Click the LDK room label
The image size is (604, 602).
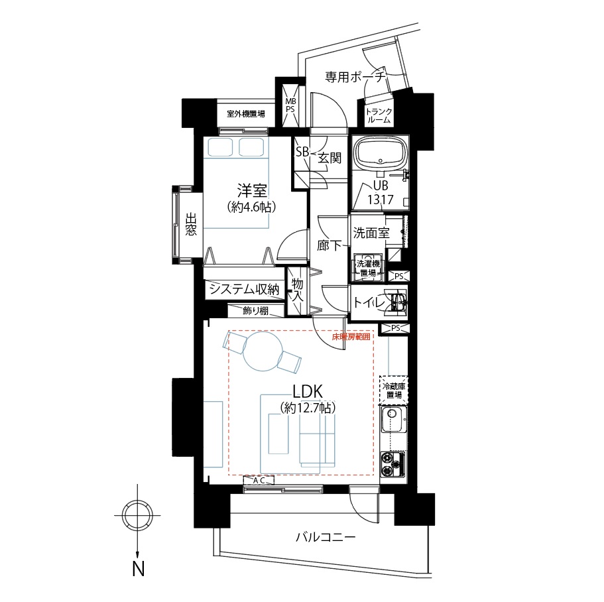point(308,392)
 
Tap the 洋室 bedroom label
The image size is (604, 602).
point(251,191)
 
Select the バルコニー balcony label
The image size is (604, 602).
point(326,537)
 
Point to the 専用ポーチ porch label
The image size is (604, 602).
point(355,77)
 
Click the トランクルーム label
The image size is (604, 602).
point(379,115)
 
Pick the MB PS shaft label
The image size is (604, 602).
point(290,105)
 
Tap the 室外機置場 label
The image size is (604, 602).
point(246,113)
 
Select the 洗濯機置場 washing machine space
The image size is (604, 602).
point(368,268)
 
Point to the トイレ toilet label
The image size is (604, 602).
point(369,303)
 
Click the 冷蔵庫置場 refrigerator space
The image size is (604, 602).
point(393,390)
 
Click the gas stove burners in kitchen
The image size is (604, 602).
point(392,464)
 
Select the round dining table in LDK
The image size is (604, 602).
point(262,351)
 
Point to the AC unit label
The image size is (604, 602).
point(259,480)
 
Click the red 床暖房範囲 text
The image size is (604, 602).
point(351,337)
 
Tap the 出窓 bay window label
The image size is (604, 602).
point(190,224)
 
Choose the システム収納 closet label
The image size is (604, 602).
point(244,289)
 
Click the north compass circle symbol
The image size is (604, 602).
point(137,515)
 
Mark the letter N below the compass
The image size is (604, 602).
point(139,568)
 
